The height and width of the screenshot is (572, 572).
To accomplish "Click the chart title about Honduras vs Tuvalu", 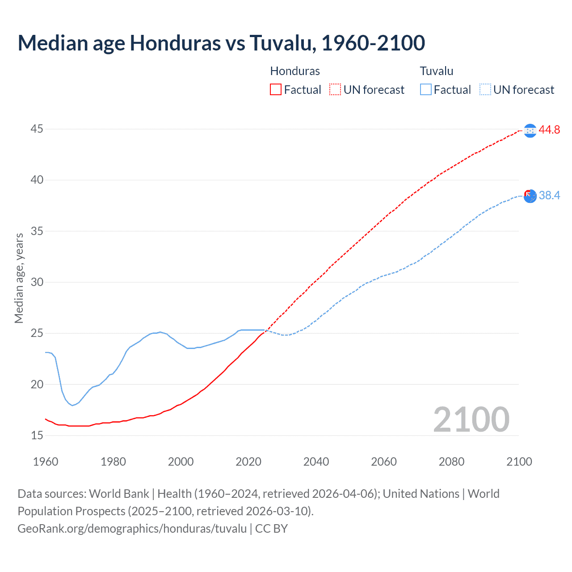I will [221, 43].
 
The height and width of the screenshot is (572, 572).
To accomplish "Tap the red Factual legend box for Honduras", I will [276, 89].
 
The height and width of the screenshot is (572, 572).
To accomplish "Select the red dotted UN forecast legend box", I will [335, 89].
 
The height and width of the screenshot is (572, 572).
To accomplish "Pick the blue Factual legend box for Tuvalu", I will [426, 89].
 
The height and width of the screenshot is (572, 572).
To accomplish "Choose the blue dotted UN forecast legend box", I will [485, 89].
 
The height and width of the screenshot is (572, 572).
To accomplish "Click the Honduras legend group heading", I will [295, 71].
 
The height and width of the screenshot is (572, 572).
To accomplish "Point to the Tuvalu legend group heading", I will [437, 71].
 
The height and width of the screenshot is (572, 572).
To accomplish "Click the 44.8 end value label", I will [549, 130].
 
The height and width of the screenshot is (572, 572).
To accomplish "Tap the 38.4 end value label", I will [549, 195].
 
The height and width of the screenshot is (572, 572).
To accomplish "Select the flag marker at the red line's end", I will [530, 130].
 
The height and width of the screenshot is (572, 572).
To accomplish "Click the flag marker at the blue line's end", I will [530, 196].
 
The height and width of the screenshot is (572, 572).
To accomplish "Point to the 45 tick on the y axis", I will [37, 129].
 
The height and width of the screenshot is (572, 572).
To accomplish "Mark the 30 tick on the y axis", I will [37, 282].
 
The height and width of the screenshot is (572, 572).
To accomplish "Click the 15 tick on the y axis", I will [37, 435].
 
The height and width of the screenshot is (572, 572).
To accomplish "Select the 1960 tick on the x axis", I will [46, 462].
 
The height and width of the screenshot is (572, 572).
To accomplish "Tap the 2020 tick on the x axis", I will [248, 462].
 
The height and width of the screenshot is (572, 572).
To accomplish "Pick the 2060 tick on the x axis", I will [384, 462].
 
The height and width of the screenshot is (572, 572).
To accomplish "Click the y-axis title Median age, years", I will [19, 278].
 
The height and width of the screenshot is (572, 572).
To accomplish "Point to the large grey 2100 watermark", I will [471, 419].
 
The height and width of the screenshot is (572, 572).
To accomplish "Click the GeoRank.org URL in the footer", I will [132, 528].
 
